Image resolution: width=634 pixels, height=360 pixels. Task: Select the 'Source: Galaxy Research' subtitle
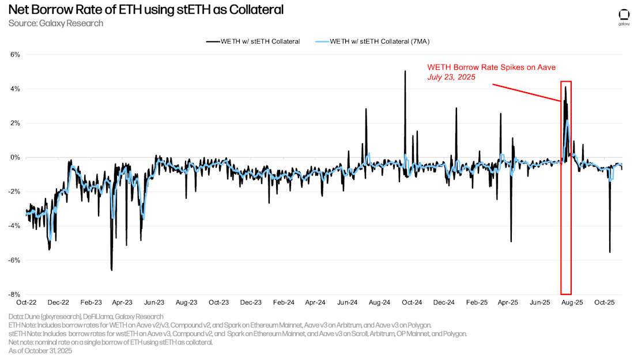click(x=56, y=24)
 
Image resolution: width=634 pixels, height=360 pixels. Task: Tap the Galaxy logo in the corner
click(x=624, y=16)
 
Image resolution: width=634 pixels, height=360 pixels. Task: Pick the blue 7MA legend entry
click(x=377, y=41)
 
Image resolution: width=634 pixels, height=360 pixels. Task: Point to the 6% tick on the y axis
click(x=15, y=55)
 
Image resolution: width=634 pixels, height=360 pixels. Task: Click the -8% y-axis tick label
click(x=14, y=294)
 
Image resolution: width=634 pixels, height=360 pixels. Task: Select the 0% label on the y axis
click(x=15, y=157)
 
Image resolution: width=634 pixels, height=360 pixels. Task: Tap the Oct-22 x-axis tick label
click(x=27, y=302)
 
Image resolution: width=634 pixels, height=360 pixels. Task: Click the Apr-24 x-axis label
click(x=315, y=302)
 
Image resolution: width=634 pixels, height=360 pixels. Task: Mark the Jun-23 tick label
click(x=155, y=302)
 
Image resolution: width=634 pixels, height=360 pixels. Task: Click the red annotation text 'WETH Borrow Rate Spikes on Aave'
click(x=491, y=67)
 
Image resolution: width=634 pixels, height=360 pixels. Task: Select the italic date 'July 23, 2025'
click(x=451, y=77)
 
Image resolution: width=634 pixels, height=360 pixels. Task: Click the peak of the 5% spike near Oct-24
click(x=405, y=71)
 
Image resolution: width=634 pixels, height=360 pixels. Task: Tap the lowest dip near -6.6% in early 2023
click(x=111, y=270)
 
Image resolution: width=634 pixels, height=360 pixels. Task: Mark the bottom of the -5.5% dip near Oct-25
click(x=610, y=252)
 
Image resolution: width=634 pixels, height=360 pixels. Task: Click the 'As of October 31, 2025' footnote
click(x=40, y=350)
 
